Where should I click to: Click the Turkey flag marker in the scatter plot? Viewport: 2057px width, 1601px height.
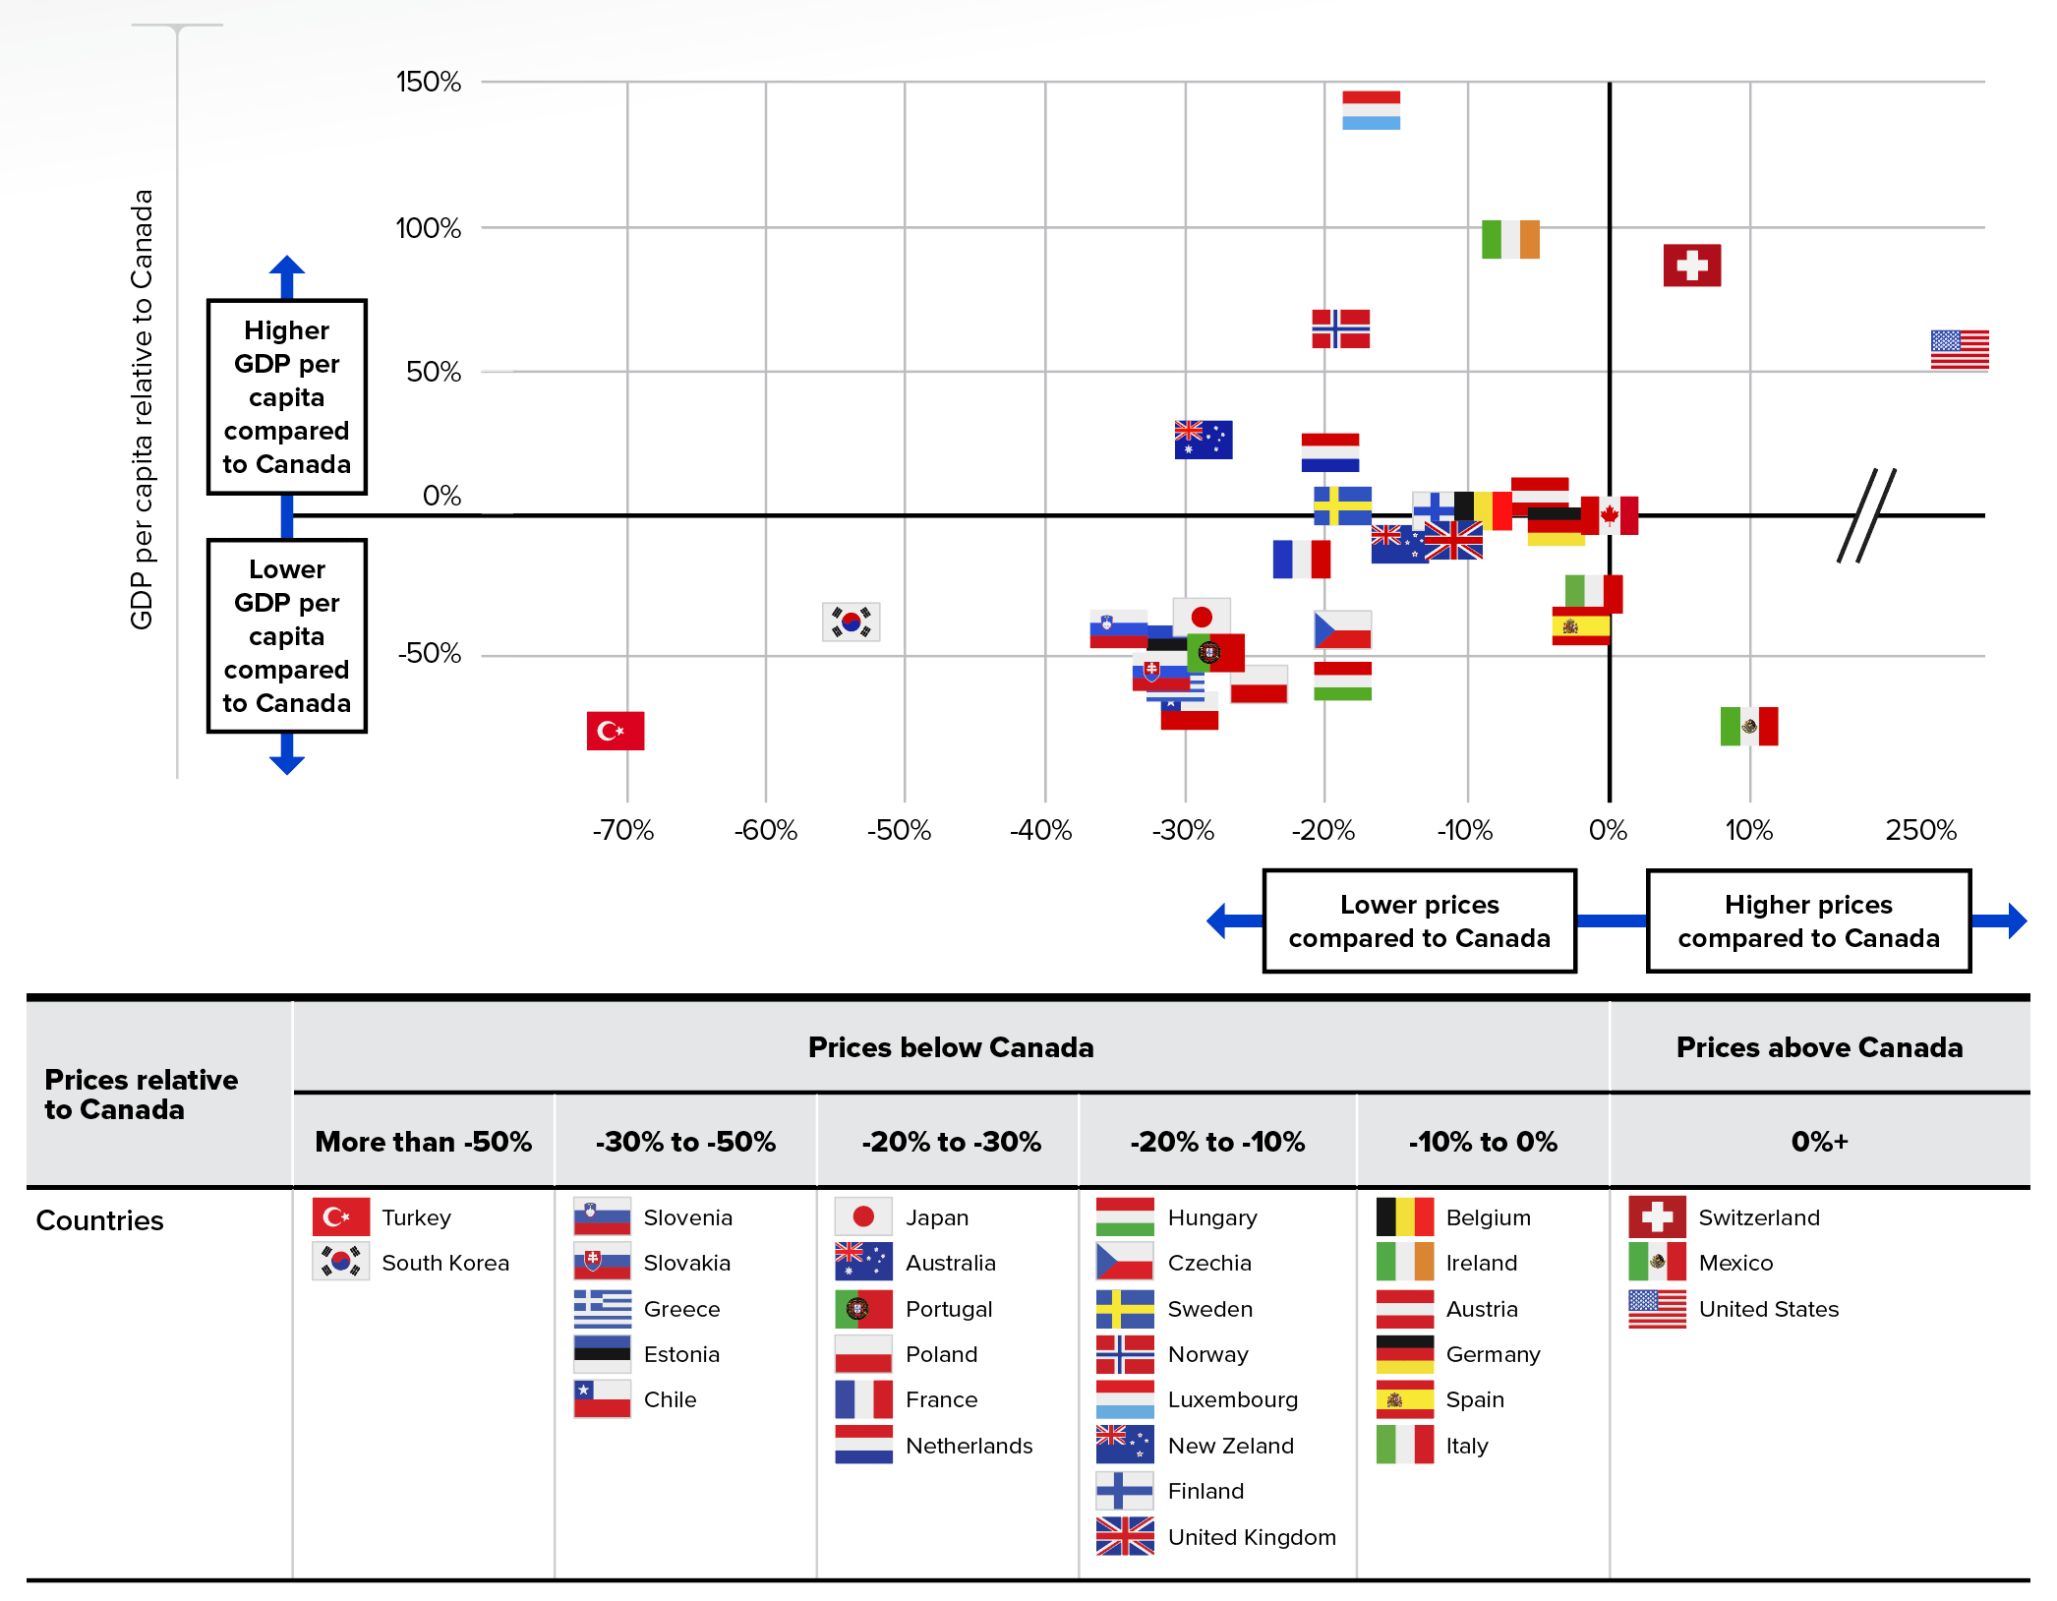point(616,731)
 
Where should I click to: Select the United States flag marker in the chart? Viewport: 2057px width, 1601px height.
point(1959,350)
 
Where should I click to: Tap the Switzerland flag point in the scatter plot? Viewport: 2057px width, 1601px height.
point(1691,266)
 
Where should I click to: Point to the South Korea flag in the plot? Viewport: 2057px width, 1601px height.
point(851,622)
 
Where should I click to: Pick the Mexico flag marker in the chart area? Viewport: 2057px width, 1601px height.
point(1748,727)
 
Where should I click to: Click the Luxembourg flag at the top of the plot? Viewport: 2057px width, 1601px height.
point(1371,110)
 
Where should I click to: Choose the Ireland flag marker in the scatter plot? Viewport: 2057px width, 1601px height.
point(1510,239)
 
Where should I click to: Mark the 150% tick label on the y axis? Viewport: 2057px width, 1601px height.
point(428,82)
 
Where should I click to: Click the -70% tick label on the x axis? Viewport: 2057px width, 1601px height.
point(623,831)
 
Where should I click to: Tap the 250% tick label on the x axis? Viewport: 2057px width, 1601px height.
point(1920,831)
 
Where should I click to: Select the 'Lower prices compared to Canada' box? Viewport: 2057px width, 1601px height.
point(1419,921)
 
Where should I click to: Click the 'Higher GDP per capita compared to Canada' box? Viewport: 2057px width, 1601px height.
point(286,396)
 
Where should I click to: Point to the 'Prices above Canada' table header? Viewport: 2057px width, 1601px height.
point(1818,1047)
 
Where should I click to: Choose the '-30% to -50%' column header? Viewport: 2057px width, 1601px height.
point(685,1142)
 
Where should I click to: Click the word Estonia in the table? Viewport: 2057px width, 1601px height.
point(681,1354)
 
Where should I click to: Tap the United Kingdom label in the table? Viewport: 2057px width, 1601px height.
point(1251,1537)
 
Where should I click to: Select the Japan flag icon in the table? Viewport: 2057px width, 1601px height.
point(863,1216)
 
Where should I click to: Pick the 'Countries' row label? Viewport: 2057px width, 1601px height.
point(99,1220)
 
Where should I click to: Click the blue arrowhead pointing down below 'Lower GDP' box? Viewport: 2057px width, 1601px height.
point(286,762)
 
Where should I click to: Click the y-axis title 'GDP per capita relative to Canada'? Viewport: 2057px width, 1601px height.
point(143,408)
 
